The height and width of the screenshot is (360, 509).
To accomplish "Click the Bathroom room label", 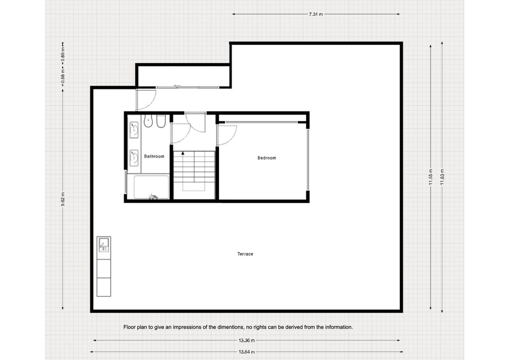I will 154,156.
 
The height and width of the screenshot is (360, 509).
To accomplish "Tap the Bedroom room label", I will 267,158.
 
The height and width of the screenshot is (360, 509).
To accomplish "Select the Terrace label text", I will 245,254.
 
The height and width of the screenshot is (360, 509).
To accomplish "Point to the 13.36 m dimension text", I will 246,340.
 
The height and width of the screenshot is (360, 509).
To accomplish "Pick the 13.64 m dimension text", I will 246,352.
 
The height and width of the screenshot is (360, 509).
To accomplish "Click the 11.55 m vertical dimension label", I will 431,176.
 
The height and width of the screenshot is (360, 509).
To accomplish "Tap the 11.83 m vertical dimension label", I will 442,176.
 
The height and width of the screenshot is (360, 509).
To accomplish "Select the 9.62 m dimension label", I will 63,198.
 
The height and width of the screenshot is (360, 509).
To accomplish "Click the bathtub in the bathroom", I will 151,187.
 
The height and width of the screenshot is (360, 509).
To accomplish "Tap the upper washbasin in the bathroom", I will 134,128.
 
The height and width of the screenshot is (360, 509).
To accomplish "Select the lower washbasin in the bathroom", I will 134,157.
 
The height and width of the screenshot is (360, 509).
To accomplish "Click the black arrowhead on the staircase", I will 183,153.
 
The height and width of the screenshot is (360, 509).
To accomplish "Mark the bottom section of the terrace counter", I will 104,287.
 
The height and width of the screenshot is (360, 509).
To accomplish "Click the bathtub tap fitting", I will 152,196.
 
